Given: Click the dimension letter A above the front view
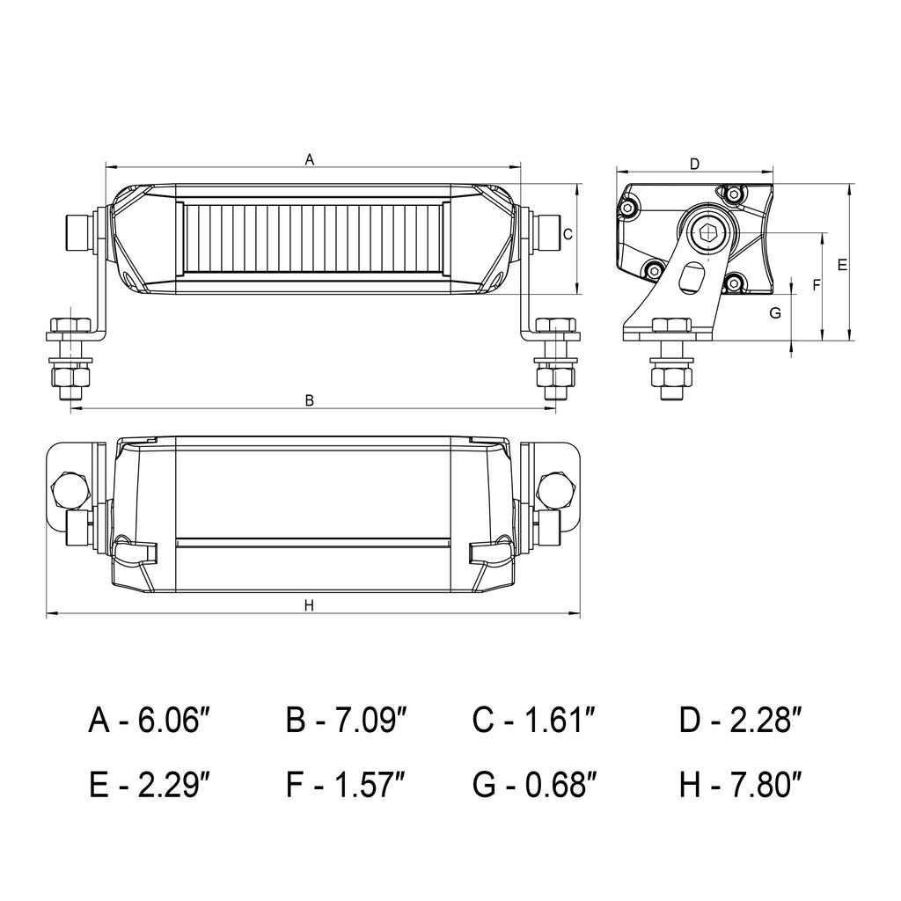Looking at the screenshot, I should pos(309,159).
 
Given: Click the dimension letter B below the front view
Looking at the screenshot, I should pos(309,400).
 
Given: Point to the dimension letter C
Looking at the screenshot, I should pos(568,234).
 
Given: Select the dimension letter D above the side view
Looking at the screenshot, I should pos(694,164).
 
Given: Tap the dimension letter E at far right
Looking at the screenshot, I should pos(842,265).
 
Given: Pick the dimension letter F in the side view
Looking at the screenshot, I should pos(816,285).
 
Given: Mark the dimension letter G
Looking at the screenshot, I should pos(775,313).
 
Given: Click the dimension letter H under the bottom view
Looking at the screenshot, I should pos(309,605).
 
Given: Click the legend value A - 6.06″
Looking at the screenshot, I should pos(149,722).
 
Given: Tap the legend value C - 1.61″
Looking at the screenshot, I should pos(534,722).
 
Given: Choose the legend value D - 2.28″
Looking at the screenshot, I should pos(741,722).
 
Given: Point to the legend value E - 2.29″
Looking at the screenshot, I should pos(149,782).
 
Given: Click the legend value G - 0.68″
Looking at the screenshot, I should pos(534,782).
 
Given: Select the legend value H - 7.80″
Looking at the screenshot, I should pos(741,782).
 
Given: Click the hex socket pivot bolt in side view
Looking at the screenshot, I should pos(707,233).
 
